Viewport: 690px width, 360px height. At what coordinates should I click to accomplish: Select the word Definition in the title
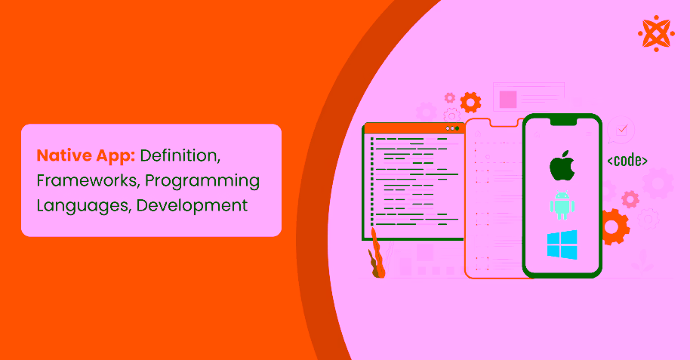tap(180, 155)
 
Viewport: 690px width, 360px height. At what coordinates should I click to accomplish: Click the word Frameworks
tap(88, 181)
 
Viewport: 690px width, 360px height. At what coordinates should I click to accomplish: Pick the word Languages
tap(84, 206)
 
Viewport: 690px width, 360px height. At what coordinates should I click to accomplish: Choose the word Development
tap(193, 206)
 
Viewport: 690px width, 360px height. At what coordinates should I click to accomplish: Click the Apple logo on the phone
tap(562, 165)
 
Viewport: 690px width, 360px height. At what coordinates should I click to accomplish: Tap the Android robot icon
tap(562, 205)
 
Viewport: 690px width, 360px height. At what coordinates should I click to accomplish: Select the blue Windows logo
tap(562, 245)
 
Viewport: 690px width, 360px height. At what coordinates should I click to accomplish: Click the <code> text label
tap(627, 161)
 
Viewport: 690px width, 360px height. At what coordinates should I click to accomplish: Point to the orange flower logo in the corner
tap(656, 33)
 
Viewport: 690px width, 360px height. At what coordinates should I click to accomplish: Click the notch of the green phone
tap(563, 121)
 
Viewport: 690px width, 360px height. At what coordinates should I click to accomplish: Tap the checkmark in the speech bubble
tap(622, 129)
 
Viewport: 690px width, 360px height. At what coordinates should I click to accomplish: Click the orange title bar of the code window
tap(413, 128)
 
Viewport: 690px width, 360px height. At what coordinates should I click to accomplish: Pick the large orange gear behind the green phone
tap(613, 227)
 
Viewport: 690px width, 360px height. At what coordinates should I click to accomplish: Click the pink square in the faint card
tap(508, 100)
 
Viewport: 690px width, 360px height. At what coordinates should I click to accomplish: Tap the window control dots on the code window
tap(452, 128)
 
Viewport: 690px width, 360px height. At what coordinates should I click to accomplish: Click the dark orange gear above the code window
tap(470, 103)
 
